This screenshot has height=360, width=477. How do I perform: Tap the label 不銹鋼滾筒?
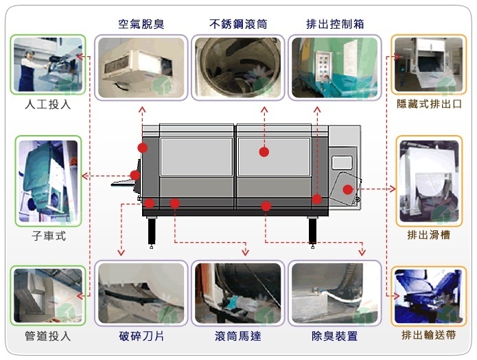(x=237, y=25)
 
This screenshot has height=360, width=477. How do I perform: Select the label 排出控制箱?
(x=335, y=25)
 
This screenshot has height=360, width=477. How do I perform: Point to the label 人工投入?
(x=48, y=106)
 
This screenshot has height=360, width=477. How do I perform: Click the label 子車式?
(x=48, y=235)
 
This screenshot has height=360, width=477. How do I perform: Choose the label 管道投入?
(x=48, y=337)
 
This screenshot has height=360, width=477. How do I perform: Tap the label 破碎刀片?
(x=141, y=337)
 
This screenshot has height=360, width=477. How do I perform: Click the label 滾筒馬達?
(x=237, y=337)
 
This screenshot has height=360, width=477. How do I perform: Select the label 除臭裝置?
(x=334, y=337)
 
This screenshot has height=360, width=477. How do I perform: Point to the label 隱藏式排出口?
(x=430, y=104)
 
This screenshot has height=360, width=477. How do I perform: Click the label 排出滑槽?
(x=429, y=235)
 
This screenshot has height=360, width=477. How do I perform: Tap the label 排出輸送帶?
(x=430, y=337)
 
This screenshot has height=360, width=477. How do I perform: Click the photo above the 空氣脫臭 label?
(x=141, y=67)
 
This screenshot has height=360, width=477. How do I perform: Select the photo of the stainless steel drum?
(x=237, y=67)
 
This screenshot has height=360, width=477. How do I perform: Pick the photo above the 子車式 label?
(x=48, y=181)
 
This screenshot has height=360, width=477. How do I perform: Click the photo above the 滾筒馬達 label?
(x=237, y=293)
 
